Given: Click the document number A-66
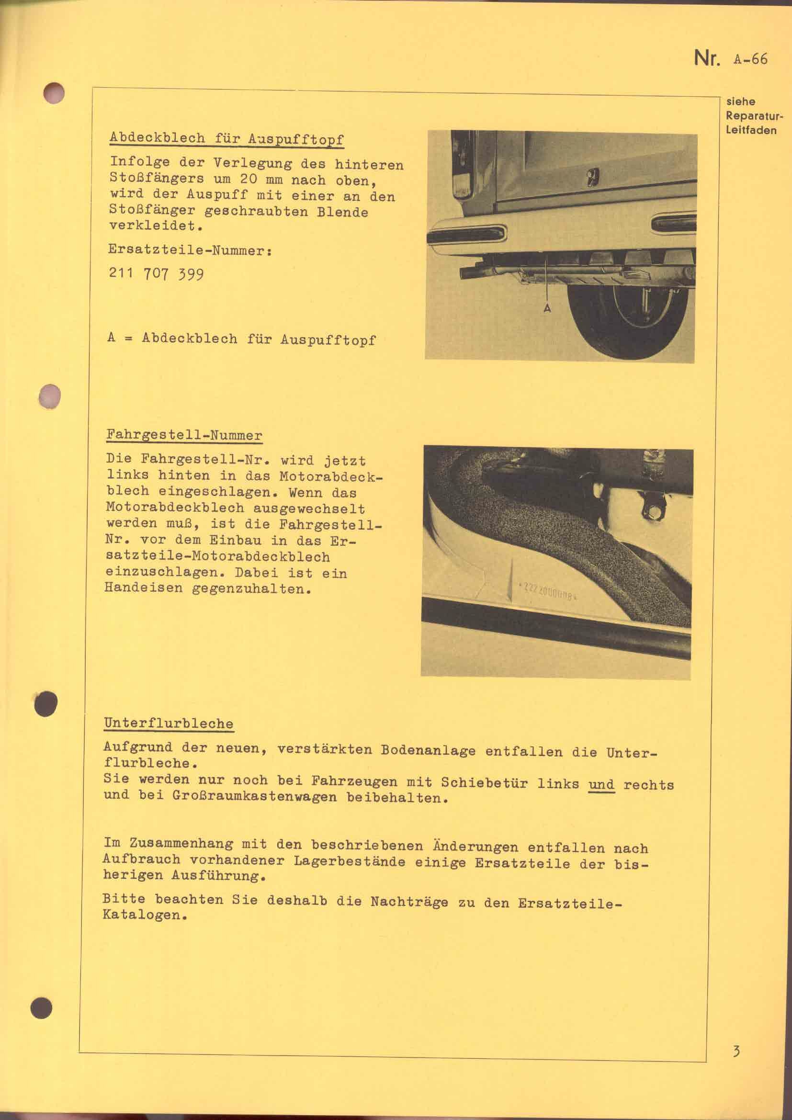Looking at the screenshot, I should coord(749,59).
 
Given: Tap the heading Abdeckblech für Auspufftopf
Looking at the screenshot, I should coord(227,138).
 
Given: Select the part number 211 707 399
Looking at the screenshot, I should coord(156,274).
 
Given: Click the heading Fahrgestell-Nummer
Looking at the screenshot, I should coord(184,435).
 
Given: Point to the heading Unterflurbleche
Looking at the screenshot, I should coord(169,724).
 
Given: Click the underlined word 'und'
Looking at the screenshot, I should coord(601,784).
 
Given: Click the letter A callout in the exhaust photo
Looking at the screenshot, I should coord(548,308).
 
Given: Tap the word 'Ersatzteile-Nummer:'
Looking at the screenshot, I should coord(190,251).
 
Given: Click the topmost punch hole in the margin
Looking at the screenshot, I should coord(53,93).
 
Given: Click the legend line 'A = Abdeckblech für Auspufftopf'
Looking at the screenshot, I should coord(242,339).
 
